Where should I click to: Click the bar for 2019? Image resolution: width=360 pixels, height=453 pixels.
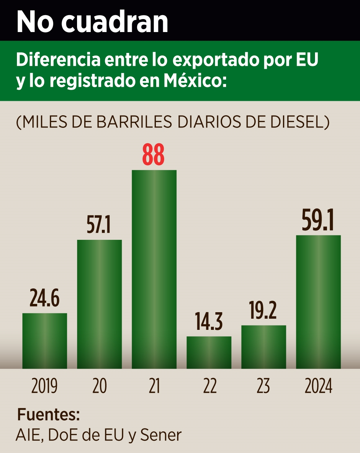coord(45,341)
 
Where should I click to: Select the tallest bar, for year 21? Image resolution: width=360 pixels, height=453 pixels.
coord(154,269)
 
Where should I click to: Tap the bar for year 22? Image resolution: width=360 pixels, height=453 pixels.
coord(209,352)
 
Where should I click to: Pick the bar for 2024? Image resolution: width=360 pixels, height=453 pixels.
coord(318,302)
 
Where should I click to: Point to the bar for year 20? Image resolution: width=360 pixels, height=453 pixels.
coord(99,304)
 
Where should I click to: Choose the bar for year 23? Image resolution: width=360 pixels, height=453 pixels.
coord(264,347)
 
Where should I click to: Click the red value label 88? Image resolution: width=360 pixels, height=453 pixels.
coord(153,155)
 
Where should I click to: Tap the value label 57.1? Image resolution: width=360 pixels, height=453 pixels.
coord(99,225)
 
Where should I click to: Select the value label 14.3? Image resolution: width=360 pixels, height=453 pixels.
coord(209,322)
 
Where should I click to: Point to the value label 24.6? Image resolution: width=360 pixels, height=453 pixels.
coord(45,298)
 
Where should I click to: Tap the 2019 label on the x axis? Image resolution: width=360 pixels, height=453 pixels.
coord(44,386)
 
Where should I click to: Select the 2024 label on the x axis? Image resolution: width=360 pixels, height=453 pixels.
coord(319,386)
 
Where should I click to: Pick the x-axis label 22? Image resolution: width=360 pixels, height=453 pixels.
coord(210,386)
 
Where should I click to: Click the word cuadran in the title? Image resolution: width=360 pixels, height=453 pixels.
coord(114,22)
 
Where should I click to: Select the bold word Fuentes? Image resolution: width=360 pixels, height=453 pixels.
coord(48,415)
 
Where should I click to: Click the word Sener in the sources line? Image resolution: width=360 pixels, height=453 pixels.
coord(161,435)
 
